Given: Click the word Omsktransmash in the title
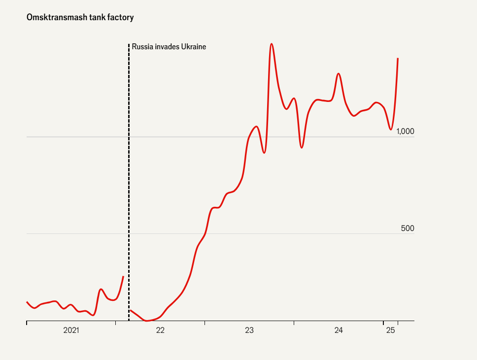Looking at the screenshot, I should [51, 18].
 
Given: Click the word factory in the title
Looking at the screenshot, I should [121, 18].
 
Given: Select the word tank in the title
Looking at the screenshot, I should [96, 18].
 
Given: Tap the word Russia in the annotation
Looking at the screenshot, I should [142, 47].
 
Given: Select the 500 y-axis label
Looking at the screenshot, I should [407, 229].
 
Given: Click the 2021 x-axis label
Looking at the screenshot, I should [71, 330].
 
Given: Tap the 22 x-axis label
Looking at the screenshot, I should [160, 330].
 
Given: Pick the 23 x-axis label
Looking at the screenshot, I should [249, 330].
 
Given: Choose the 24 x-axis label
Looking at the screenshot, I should [339, 330].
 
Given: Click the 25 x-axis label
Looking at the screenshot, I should [391, 330].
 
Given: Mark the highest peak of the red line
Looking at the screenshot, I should [272, 44].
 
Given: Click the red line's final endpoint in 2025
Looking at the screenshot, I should [398, 59].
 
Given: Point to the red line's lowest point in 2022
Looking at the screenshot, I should [147, 321].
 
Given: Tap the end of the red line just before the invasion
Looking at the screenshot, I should [123, 276].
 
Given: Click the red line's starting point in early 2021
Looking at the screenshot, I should [27, 302].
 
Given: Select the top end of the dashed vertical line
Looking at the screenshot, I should [129, 44].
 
